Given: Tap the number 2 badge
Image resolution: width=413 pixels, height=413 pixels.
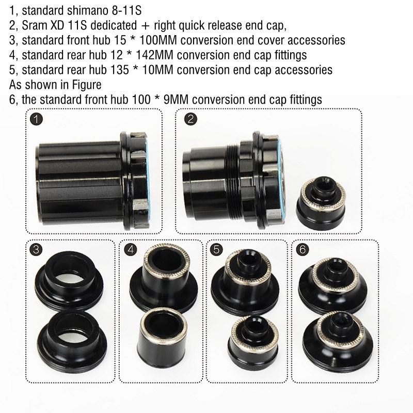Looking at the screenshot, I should point(190,120).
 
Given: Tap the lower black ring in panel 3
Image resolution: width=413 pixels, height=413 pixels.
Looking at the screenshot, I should point(67,333).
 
